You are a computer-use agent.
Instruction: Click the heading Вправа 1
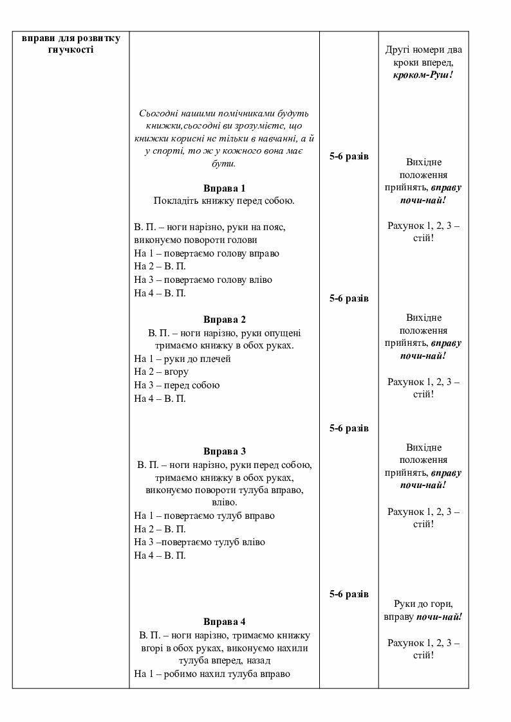(225, 188)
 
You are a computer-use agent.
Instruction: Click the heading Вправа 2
(225, 320)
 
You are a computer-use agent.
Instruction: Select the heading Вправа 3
(225, 451)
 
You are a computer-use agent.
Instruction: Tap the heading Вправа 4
(225, 622)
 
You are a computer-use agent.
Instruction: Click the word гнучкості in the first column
(71, 50)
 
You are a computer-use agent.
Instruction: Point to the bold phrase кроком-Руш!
(423, 75)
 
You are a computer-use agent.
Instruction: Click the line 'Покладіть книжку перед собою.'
(224, 201)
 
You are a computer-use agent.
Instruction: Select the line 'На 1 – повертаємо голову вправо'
(207, 253)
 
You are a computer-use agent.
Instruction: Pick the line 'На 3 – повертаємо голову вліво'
(203, 280)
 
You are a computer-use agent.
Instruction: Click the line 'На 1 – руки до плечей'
(182, 359)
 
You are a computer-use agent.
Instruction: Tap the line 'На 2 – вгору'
(162, 372)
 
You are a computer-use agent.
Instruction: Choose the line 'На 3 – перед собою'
(177, 385)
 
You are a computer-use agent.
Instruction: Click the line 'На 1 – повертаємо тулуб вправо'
(204, 516)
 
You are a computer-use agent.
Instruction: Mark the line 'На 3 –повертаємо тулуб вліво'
(200, 542)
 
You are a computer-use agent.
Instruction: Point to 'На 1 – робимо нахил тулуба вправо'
(212, 674)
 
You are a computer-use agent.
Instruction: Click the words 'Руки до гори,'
(423, 604)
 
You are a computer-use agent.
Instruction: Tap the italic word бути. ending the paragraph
(225, 163)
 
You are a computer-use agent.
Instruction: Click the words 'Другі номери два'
(423, 50)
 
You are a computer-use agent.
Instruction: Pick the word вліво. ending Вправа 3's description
(225, 502)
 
